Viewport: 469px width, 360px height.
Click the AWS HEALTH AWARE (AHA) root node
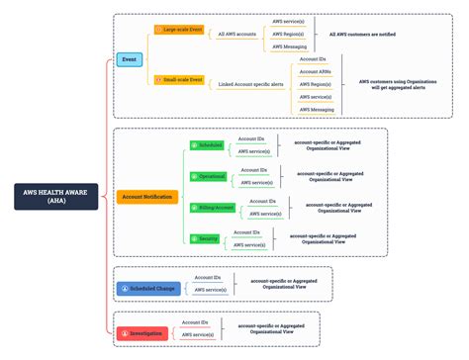[56, 197]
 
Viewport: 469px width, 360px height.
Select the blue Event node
[129, 59]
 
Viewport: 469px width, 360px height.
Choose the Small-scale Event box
[180, 79]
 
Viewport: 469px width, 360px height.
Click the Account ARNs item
[316, 72]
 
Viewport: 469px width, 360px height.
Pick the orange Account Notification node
[146, 197]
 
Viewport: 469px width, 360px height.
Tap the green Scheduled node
[208, 145]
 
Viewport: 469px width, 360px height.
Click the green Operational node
[209, 176]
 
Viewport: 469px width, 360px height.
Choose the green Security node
[206, 238]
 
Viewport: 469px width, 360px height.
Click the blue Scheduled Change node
[150, 288]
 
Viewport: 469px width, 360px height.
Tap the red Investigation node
[146, 333]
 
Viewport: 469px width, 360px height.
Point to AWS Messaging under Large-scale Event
[290, 45]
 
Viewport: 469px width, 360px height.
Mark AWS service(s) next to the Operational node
[256, 183]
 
